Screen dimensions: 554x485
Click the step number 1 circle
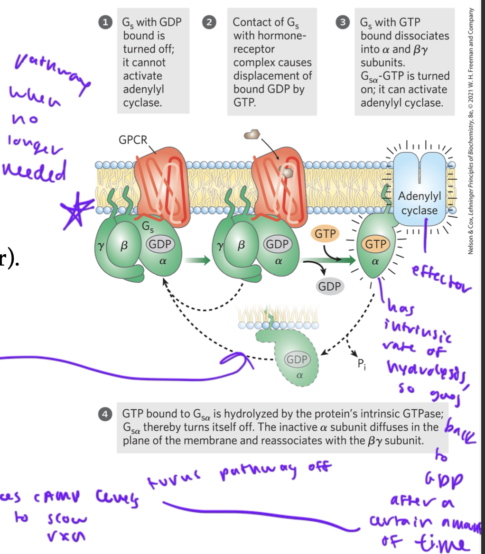click(108, 22)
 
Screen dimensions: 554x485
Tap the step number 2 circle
click(208, 22)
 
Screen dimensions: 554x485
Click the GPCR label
click(133, 140)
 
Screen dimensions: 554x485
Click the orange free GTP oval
click(325, 234)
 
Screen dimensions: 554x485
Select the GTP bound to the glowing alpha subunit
click(375, 244)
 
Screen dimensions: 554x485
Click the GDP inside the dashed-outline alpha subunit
click(297, 359)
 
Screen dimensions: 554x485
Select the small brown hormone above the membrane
click(252, 135)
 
